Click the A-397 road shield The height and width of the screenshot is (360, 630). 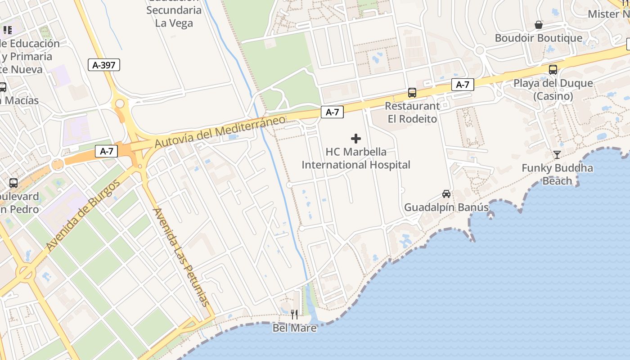tap(104, 65)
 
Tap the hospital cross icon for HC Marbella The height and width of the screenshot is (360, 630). tap(356, 139)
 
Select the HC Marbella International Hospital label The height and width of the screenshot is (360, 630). tap(356, 158)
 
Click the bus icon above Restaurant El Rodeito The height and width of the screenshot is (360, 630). tap(412, 93)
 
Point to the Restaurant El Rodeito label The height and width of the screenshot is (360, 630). tap(412, 112)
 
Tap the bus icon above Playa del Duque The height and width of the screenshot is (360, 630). tap(553, 70)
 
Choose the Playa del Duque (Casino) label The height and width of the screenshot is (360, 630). tap(553, 90)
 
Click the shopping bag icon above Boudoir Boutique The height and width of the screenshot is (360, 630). tap(539, 25)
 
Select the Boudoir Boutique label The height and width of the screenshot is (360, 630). tap(539, 38)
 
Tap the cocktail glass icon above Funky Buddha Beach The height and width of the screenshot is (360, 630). tap(557, 155)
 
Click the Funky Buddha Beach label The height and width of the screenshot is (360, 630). tap(557, 175)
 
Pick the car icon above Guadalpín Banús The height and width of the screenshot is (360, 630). tap(446, 194)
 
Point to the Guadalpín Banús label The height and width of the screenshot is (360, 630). tap(446, 207)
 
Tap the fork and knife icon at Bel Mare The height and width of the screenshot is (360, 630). tap(294, 314)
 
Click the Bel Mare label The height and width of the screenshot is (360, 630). tap(294, 328)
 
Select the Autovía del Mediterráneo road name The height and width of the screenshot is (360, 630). tap(220, 131)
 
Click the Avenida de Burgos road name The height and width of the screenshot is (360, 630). tap(83, 216)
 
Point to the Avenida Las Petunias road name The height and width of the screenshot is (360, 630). tap(181, 257)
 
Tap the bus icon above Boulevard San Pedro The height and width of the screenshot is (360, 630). tap(13, 183)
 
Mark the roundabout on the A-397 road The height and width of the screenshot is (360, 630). tap(120, 104)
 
